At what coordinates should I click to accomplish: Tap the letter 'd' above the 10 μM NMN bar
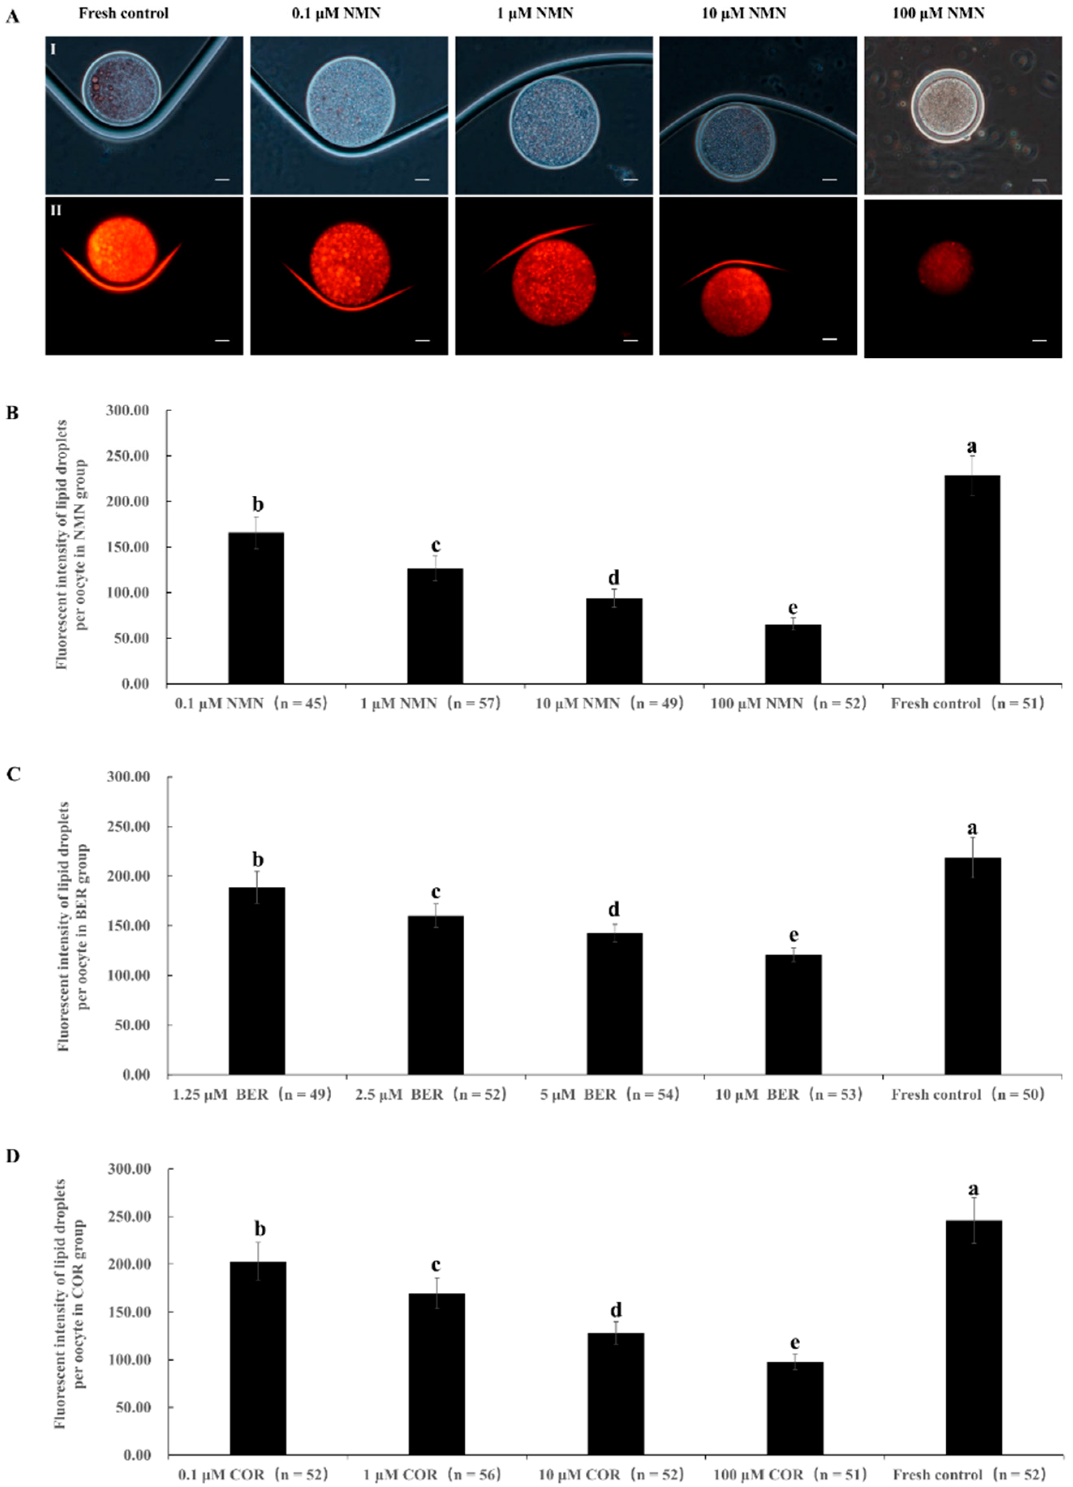pos(614,578)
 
